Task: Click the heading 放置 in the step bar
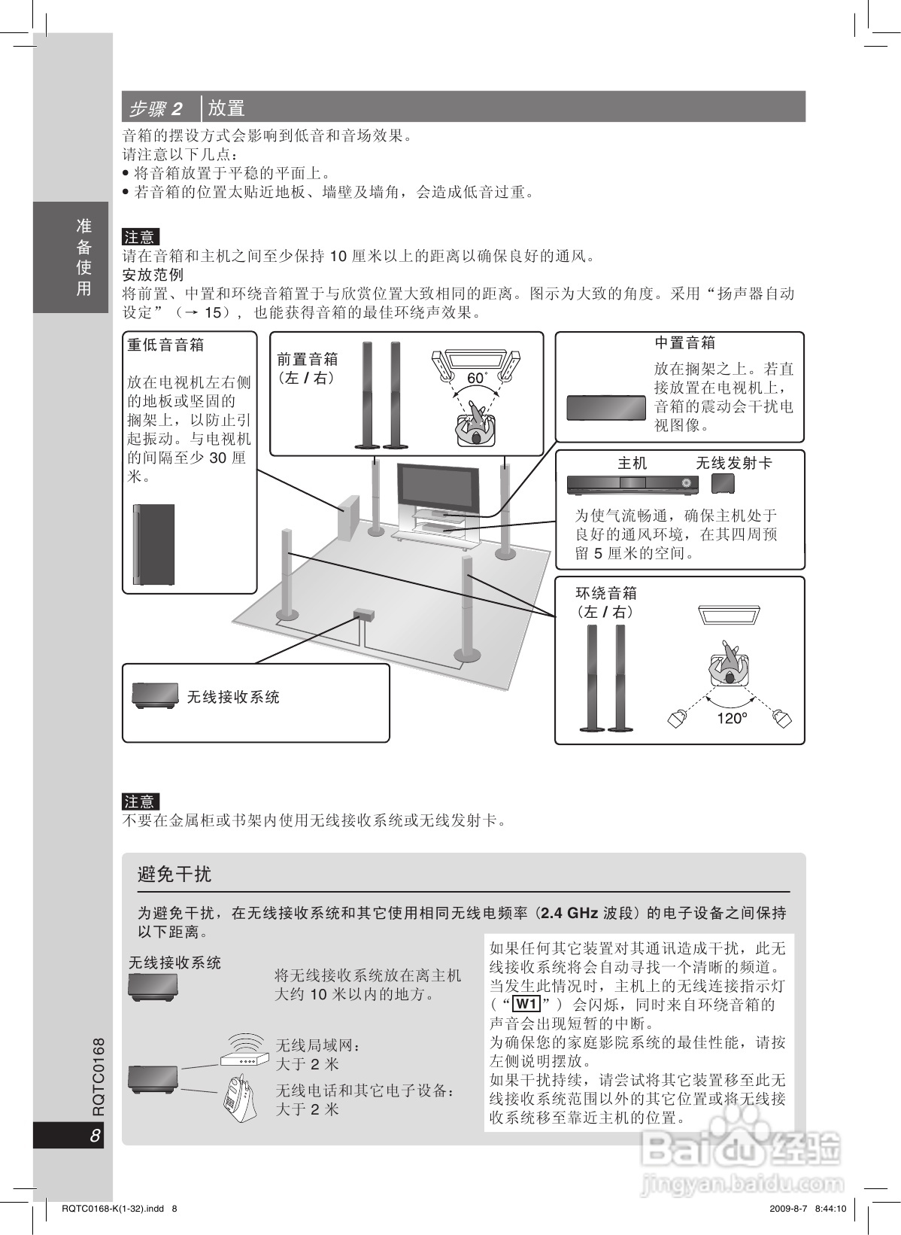(226, 108)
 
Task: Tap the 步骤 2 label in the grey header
(156, 108)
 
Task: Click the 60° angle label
(477, 378)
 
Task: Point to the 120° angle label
(731, 718)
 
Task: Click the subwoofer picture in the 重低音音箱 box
(154, 544)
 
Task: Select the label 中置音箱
(684, 343)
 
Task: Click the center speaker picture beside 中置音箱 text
(606, 407)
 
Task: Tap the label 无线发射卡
(733, 463)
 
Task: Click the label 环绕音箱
(605, 593)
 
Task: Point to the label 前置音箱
(307, 359)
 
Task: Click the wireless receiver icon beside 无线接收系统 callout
(155, 696)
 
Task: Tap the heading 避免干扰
(174, 874)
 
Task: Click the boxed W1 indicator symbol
(526, 1004)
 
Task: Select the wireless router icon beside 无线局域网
(245, 1049)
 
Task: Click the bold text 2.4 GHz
(569, 913)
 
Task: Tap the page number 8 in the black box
(95, 1136)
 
